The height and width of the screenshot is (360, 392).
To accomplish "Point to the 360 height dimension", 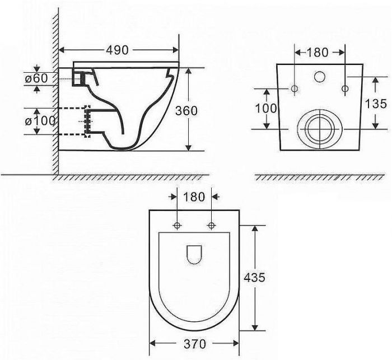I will (x=186, y=110).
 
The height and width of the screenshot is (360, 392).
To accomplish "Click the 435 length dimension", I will (x=254, y=277).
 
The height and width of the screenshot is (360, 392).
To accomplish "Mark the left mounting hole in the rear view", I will (x=295, y=89).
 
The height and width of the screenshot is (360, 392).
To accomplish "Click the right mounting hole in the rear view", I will (x=345, y=88).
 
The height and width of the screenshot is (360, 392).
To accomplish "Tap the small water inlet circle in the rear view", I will (x=320, y=77).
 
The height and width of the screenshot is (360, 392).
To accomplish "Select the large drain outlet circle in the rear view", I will (x=319, y=128).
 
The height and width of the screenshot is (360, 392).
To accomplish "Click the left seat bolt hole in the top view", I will (x=178, y=226).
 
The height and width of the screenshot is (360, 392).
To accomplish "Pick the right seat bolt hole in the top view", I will (x=212, y=226).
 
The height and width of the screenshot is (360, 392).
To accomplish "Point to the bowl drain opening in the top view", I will (x=194, y=254).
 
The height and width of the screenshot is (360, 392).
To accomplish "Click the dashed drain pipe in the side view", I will (x=73, y=120).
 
